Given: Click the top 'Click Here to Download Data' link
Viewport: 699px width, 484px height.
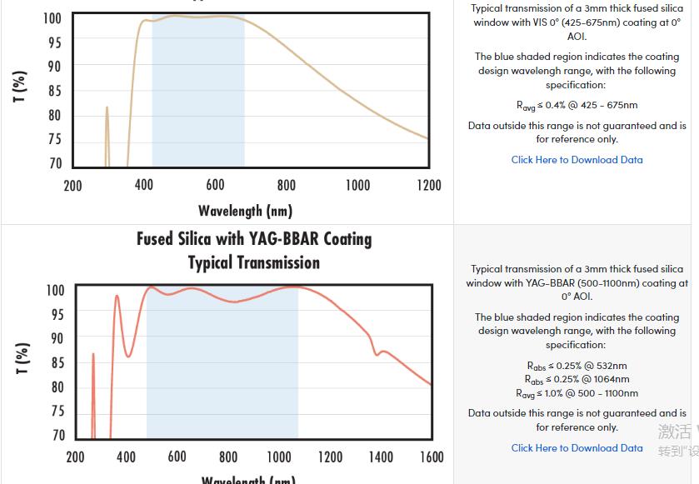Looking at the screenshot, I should tap(577, 160).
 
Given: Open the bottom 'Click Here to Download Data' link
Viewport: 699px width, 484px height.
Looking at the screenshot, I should tap(577, 448).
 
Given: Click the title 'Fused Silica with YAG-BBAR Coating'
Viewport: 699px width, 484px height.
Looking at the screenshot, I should tap(254, 239).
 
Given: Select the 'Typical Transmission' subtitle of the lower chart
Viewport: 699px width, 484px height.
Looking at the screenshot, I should tap(254, 263).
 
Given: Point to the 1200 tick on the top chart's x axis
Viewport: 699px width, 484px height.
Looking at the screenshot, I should tap(429, 185).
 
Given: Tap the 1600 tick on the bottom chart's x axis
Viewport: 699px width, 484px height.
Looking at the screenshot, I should tap(432, 457).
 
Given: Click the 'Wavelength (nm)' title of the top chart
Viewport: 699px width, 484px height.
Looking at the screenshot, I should tap(245, 211).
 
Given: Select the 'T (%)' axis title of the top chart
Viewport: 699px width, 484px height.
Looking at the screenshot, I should tap(21, 87).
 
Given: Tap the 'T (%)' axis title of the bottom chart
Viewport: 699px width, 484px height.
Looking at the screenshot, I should tap(22, 359).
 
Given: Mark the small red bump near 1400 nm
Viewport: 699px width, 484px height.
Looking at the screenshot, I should tap(382, 352).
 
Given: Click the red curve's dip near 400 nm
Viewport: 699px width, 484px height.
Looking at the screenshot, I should tap(127, 356).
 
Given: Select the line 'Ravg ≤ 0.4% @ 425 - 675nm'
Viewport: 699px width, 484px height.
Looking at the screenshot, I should tap(577, 105).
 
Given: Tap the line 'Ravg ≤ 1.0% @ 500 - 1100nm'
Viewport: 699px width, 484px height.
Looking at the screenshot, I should tap(577, 393).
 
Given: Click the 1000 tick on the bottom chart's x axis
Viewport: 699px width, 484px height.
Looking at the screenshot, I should tap(279, 457).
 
